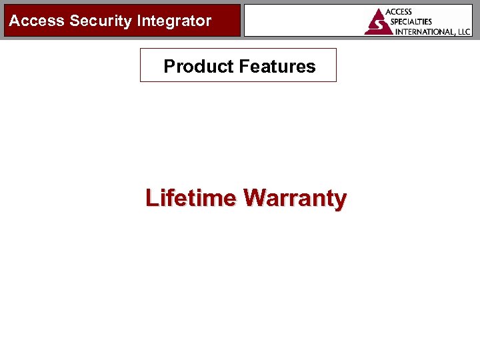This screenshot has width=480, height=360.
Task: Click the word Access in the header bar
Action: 37,21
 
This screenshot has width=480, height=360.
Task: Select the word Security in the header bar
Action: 101,21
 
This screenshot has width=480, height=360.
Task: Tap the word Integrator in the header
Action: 174,21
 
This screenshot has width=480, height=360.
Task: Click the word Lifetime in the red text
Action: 191,198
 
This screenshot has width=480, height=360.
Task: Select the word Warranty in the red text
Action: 295,199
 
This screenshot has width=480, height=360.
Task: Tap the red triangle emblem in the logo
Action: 379,22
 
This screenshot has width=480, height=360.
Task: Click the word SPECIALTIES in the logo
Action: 411,21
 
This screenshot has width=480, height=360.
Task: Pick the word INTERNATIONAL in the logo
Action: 425,31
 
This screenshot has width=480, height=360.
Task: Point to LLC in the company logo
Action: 463,31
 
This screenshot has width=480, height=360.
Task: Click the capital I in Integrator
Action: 139,21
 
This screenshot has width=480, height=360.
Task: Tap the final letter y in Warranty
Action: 341,201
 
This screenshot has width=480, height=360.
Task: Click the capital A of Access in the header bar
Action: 14,21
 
